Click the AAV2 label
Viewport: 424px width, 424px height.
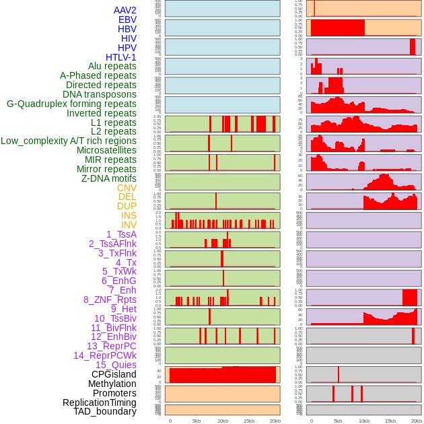tap(125, 10)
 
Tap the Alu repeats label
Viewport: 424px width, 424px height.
tap(112, 66)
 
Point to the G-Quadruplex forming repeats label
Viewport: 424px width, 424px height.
tap(71, 104)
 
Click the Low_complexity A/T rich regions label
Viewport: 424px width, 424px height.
tap(69, 141)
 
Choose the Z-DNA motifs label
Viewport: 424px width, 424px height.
tap(108, 178)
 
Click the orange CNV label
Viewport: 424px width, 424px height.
tap(127, 188)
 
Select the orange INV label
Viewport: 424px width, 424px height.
tap(129, 225)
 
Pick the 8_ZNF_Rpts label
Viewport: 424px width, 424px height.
tap(110, 299)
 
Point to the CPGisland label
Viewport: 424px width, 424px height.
tap(114, 374)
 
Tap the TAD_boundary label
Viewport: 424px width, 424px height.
tap(105, 411)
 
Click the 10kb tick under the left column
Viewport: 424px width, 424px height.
tap(222, 421)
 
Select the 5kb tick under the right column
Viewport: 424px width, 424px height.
tap(337, 421)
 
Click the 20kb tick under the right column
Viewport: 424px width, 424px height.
tap(417, 421)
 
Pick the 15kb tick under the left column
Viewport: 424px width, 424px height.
tap(248, 421)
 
